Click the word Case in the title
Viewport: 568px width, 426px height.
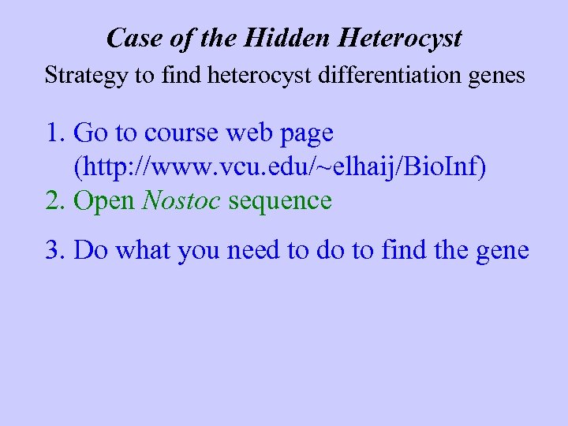click(127, 37)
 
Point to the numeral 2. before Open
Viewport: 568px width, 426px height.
click(55, 201)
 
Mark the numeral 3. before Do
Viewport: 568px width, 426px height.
click(55, 251)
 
